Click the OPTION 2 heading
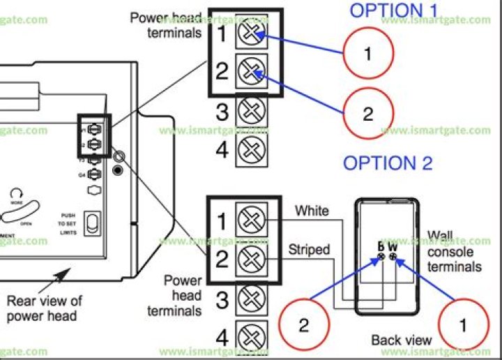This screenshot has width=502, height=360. pyautogui.click(x=388, y=163)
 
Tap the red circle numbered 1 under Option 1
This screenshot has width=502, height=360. pyautogui.click(x=368, y=54)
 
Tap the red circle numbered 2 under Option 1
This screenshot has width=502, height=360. pyautogui.click(x=368, y=114)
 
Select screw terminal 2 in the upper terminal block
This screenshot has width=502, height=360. pyautogui.click(x=250, y=70)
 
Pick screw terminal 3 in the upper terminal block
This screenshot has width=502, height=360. pyautogui.click(x=250, y=111)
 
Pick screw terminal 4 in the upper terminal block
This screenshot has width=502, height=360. pyautogui.click(x=250, y=149)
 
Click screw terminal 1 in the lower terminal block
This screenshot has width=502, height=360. pyautogui.click(x=249, y=221)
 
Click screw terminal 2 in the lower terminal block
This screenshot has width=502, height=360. pyautogui.click(x=249, y=261)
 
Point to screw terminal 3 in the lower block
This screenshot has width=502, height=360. pyautogui.click(x=249, y=300)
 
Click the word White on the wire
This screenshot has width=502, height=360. pyautogui.click(x=312, y=210)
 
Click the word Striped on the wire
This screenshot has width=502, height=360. pyautogui.click(x=308, y=249)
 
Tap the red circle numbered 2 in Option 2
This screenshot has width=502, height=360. pyautogui.click(x=304, y=325)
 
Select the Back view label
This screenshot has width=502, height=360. pyautogui.click(x=401, y=340)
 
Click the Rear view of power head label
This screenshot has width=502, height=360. pyautogui.click(x=44, y=308)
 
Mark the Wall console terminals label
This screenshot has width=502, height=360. pyautogui.click(x=454, y=252)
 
